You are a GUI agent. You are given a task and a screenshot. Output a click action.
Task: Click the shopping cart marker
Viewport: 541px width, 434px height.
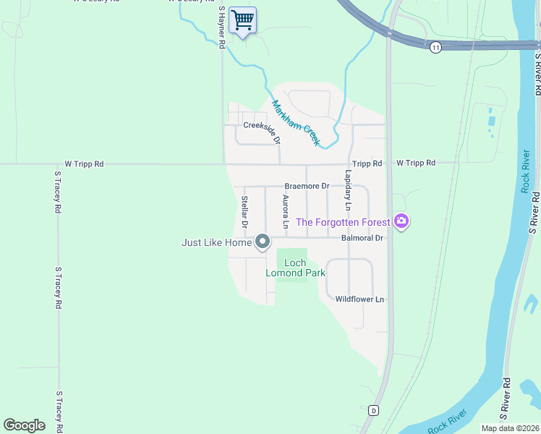click(243, 20)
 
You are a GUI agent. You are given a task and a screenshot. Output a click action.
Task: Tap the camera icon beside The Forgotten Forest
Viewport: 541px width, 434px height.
click(401, 222)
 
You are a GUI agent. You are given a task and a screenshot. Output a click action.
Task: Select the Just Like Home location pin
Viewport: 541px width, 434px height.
click(263, 242)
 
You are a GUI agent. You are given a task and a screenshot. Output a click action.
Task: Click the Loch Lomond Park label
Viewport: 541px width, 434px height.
click(295, 268)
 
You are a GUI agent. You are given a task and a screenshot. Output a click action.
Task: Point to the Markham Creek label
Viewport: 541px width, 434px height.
click(295, 123)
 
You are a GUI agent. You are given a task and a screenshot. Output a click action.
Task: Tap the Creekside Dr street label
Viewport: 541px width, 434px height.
click(261, 125)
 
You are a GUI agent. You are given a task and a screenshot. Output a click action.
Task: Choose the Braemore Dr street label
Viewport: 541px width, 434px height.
click(307, 186)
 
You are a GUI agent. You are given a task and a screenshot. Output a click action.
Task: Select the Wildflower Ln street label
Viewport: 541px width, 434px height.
click(359, 299)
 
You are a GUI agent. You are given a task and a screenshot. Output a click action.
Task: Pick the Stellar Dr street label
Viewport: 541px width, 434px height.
click(245, 212)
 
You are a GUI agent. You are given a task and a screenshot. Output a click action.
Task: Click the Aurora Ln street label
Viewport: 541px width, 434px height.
click(286, 212)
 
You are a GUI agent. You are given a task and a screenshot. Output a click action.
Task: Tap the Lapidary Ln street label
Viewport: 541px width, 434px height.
click(348, 190)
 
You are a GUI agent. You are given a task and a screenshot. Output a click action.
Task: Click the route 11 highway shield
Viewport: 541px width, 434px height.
click(435, 47)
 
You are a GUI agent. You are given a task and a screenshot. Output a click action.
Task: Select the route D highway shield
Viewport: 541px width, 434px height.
click(373, 410)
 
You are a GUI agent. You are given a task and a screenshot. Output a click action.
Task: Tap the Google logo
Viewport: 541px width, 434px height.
click(24, 425)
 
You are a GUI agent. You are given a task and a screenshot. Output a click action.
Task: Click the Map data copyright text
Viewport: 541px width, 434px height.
click(510, 428)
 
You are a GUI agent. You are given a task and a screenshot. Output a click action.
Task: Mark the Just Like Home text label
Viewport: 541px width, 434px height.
click(216, 243)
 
